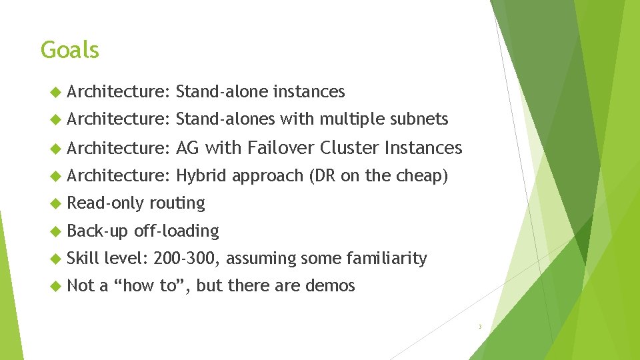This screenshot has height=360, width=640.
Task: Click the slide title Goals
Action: tap(69, 50)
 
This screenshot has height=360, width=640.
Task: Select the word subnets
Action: tap(419, 119)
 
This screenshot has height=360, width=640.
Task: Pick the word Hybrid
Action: tap(201, 175)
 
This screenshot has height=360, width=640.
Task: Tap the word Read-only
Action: tap(106, 203)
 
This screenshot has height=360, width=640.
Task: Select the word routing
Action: tap(177, 203)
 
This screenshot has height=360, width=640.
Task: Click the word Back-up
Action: tap(98, 231)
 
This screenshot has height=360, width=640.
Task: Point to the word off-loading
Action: tap(177, 231)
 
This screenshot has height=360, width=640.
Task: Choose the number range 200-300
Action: tap(189, 258)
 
